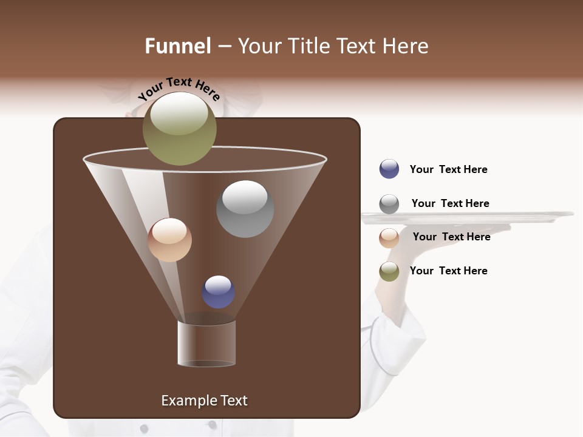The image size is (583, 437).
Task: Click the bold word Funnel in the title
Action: [178, 46]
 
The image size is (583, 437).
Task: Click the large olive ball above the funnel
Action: [180, 128]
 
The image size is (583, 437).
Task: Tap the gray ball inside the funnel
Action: [245, 209]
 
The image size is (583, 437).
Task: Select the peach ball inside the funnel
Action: [169, 240]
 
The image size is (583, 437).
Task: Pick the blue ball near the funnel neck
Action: [218, 292]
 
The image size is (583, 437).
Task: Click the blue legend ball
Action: [389, 169]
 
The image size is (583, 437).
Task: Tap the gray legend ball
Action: [389, 204]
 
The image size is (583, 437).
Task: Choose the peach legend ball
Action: [389, 237]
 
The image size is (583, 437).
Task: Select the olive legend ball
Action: [389, 271]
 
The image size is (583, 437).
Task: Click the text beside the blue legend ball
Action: [448, 169]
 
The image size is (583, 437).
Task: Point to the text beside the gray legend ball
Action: [450, 203]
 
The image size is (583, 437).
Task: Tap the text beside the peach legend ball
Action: [451, 237]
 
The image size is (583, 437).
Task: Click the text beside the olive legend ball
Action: [448, 271]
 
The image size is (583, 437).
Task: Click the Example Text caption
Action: [204, 401]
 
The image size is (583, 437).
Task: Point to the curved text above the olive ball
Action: [179, 88]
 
